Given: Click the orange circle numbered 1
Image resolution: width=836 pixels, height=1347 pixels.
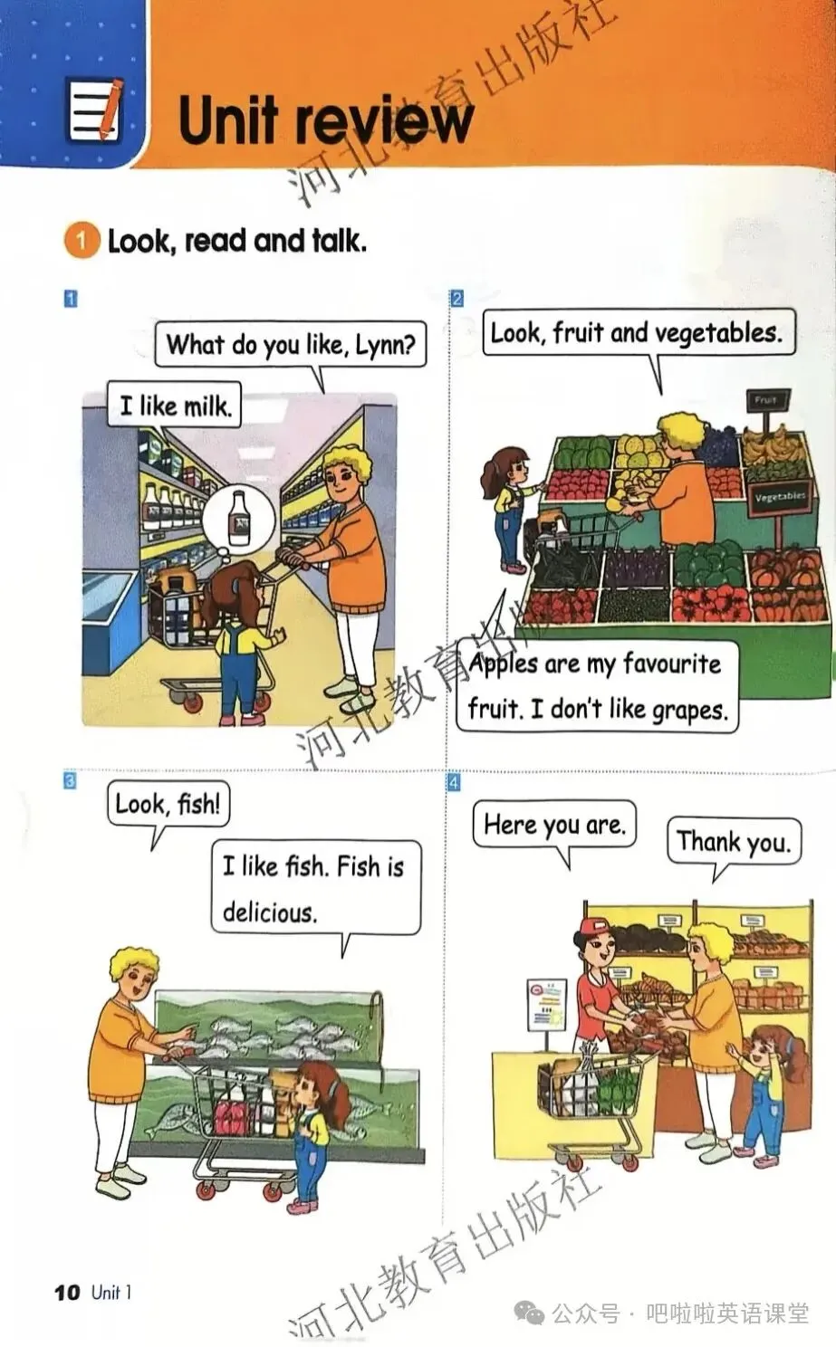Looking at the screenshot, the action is click(82, 241).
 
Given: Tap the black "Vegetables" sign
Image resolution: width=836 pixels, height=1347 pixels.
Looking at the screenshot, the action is click(779, 497).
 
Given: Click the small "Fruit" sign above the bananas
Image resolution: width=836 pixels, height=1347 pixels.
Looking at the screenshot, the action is click(765, 400).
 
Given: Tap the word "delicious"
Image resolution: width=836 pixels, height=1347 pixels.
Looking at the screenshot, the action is click(270, 912).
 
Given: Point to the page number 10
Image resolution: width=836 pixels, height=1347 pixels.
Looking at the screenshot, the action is click(67, 1292).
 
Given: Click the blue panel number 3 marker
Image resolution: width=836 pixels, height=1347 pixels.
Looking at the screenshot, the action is click(71, 781).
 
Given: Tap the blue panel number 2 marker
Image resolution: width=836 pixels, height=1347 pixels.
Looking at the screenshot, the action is click(457, 298).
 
